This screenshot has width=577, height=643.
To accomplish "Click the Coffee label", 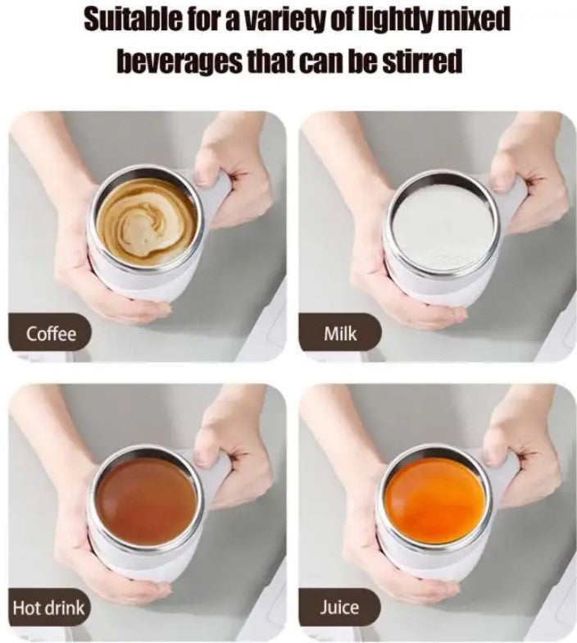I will click(51, 334).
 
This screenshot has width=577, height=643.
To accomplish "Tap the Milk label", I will click(342, 334).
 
